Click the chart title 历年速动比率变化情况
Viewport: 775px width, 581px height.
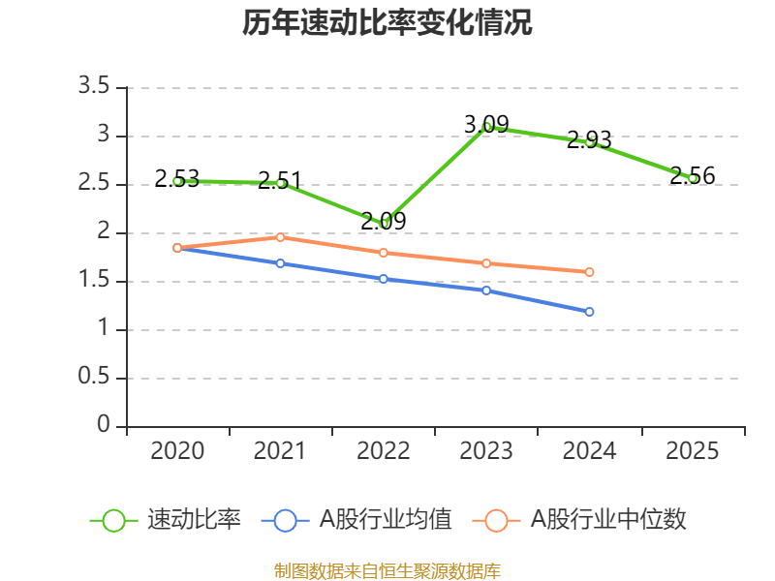tap(387, 23)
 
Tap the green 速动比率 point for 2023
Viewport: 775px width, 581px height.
tap(487, 127)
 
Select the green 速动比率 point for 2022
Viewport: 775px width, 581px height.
tap(385, 224)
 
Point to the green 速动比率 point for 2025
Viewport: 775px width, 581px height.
tap(693, 178)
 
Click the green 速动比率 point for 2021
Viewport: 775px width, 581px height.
tap(281, 183)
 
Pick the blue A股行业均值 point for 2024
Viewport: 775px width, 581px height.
tap(590, 312)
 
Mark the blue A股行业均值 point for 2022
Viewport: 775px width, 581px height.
tap(384, 279)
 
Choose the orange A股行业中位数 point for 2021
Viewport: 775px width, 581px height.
tap(281, 237)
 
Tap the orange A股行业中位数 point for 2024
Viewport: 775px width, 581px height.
tap(590, 272)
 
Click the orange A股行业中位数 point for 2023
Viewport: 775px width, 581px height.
tap(487, 263)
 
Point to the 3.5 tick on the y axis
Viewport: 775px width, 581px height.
tap(96, 87)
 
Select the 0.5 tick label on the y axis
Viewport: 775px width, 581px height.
tap(96, 378)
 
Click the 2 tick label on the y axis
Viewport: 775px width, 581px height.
tap(104, 232)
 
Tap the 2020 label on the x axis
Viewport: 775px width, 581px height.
tap(178, 451)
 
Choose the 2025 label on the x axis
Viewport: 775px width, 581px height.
tap(693, 451)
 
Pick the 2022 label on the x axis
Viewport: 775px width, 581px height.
tap(384, 451)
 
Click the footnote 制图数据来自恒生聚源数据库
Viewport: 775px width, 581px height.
tap(387, 570)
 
